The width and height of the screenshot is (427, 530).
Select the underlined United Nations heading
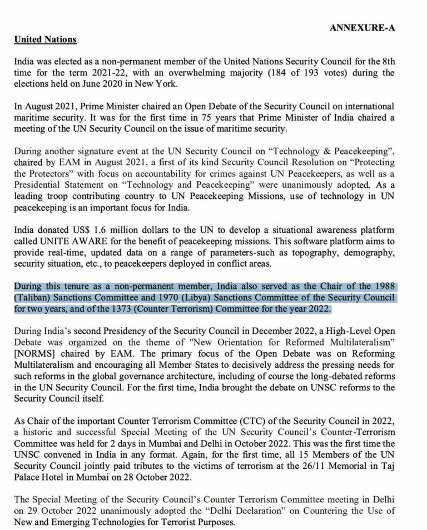pos(45,39)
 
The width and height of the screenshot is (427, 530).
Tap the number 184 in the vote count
pos(281,73)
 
